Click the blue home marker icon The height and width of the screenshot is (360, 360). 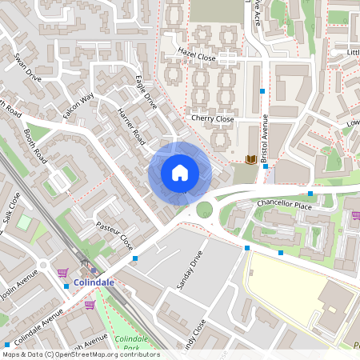pyautogui.click(x=180, y=173)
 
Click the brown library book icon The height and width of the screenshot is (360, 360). pyautogui.click(x=250, y=159)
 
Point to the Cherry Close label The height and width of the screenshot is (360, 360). pyautogui.click(x=212, y=118)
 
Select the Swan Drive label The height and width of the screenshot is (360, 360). pyautogui.click(x=27, y=69)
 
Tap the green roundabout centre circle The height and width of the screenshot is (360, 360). pyautogui.click(x=205, y=210)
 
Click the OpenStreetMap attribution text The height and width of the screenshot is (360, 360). pyautogui.click(x=80, y=354)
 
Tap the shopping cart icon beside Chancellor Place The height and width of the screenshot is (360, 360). pyautogui.click(x=356, y=214)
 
